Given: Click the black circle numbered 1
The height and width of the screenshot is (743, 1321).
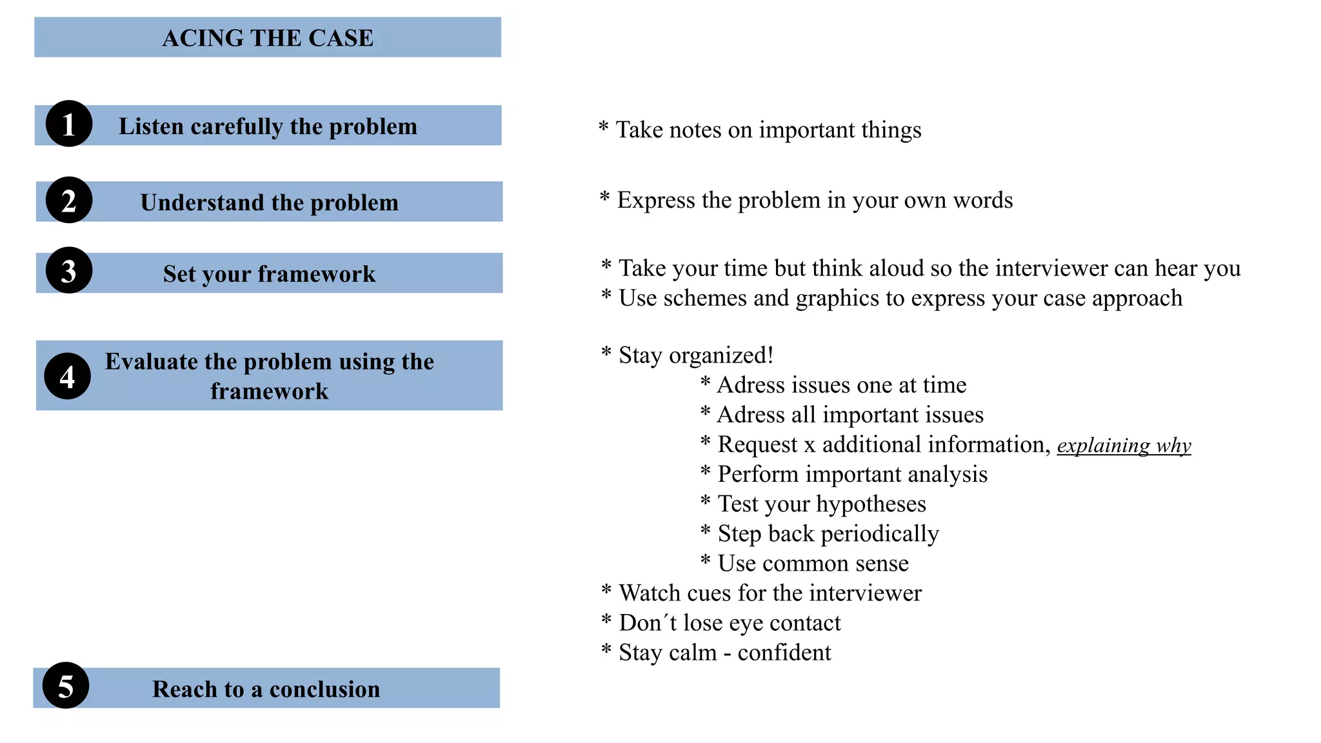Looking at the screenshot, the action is pos(69,124).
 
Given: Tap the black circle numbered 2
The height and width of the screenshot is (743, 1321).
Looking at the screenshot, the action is pos(69,200).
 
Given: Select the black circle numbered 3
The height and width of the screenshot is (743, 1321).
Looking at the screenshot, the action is pos(69,271).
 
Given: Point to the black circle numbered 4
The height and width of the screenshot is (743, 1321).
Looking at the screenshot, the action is pos(68,376).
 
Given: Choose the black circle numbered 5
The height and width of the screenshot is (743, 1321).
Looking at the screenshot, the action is pos(66,686).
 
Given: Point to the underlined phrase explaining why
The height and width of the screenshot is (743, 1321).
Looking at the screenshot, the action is pos(1124,445).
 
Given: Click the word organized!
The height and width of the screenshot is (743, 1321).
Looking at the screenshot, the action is pos(721,355).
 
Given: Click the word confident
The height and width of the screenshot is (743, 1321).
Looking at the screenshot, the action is pos(784,652).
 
